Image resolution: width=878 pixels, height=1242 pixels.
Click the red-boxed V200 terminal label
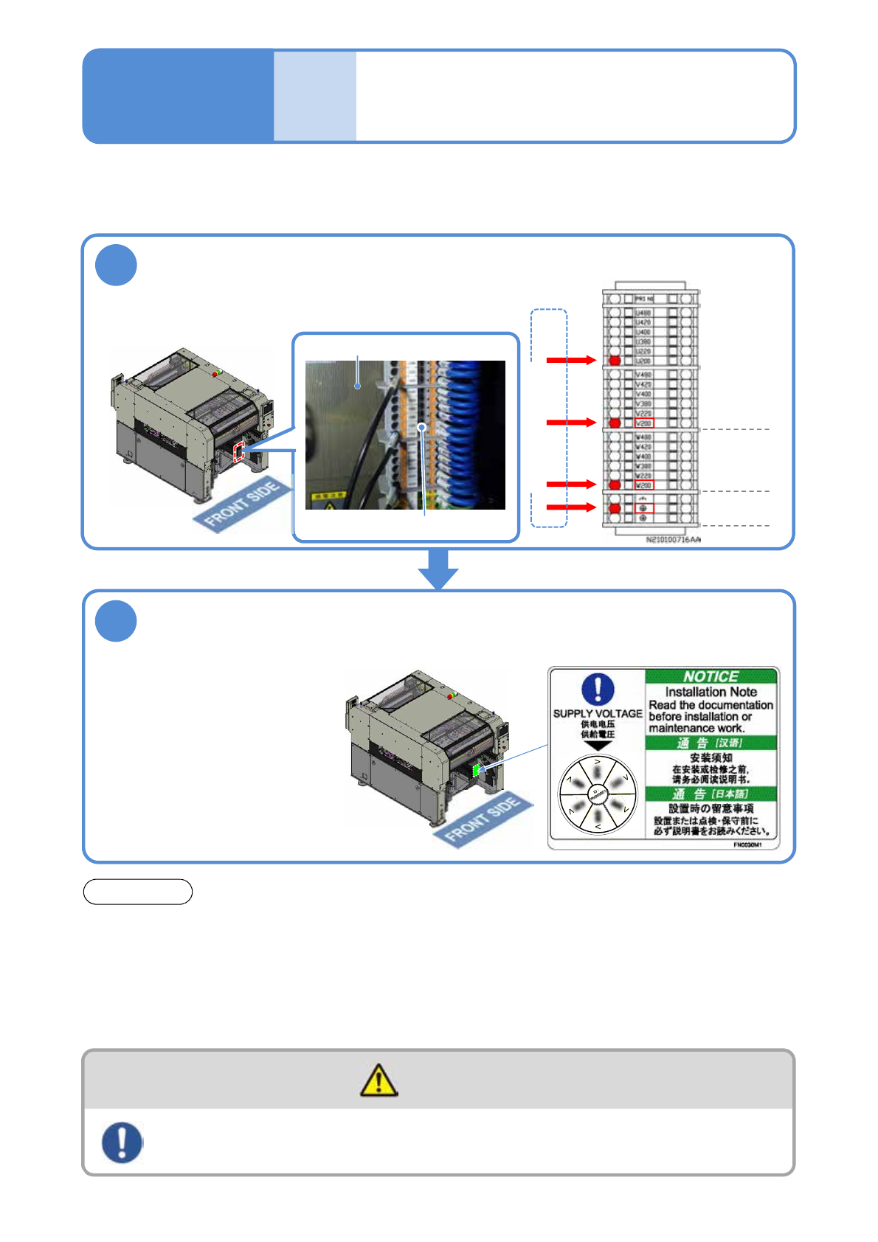tap(644, 423)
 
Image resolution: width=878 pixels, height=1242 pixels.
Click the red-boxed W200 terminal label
tap(644, 485)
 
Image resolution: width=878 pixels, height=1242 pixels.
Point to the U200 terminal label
tap(643, 361)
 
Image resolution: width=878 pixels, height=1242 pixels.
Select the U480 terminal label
tap(643, 313)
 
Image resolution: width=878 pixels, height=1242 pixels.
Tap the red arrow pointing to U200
tap(570, 360)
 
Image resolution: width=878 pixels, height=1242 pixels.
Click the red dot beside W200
tap(615, 485)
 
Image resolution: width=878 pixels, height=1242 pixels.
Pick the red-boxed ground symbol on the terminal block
tap(644, 508)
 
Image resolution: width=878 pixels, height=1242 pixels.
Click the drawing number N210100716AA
tap(673, 540)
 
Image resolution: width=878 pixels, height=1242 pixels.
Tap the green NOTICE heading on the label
tap(711, 676)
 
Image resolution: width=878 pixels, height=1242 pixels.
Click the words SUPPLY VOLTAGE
tap(598, 713)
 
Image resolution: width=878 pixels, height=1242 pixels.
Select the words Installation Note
tap(711, 692)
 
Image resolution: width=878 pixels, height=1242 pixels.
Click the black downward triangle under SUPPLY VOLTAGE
tap(598, 746)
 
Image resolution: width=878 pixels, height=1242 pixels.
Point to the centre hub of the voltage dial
tap(598, 794)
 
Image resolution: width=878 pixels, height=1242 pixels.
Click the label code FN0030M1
tap(747, 845)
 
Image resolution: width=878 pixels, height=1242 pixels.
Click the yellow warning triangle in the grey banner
tap(378, 1080)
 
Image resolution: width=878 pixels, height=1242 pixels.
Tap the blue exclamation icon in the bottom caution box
tap(122, 1142)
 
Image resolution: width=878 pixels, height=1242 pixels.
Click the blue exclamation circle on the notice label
tap(598, 689)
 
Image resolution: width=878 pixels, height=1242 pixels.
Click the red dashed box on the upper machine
tap(239, 453)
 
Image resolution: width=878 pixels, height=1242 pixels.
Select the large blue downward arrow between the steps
tap(438, 569)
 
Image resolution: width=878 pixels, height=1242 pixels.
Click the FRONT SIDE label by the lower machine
tap(483, 819)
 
